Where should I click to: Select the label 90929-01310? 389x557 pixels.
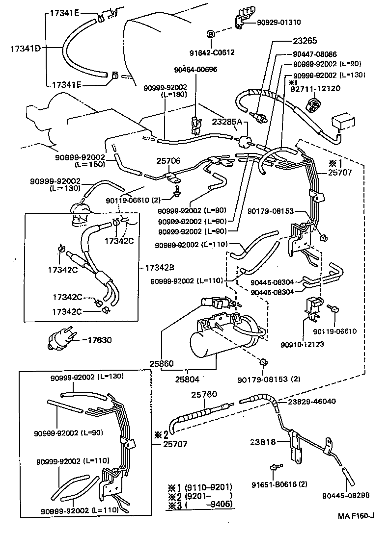pyautogui.click(x=279, y=22)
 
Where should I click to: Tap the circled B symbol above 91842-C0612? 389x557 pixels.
pyautogui.click(x=210, y=34)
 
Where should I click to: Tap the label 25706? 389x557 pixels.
pyautogui.click(x=168, y=160)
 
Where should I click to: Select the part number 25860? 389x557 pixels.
pyautogui.click(x=162, y=364)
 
